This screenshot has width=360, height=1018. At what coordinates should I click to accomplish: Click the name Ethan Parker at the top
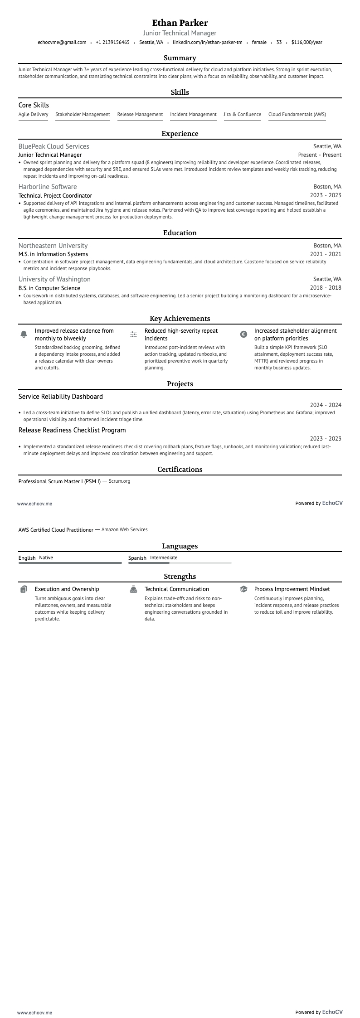pyautogui.click(x=180, y=23)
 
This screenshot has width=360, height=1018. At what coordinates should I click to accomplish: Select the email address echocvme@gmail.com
pyautogui.click(x=62, y=42)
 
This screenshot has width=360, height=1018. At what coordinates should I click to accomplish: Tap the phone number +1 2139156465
pyautogui.click(x=112, y=42)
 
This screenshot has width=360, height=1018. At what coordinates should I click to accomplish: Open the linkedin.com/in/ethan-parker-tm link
pyautogui.click(x=207, y=42)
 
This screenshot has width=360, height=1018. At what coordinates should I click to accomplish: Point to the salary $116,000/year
pyautogui.click(x=306, y=42)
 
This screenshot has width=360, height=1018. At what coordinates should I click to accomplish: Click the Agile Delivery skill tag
pyautogui.click(x=33, y=115)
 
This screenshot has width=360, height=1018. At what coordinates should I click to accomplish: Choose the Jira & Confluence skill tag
pyautogui.click(x=242, y=115)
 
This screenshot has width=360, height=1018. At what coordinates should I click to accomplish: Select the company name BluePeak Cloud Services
pyautogui.click(x=54, y=146)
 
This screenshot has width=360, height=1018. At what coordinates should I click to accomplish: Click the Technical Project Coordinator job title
pyautogui.click(x=55, y=196)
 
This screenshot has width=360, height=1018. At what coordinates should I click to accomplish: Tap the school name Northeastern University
pyautogui.click(x=53, y=246)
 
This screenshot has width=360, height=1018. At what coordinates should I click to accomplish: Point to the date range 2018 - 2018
pyautogui.click(x=326, y=288)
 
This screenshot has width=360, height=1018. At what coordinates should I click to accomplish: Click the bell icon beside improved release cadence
pyautogui.click(x=24, y=334)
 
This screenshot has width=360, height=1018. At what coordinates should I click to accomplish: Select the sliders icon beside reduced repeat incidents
pyautogui.click(x=133, y=334)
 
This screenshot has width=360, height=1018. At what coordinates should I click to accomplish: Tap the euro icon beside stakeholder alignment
pyautogui.click(x=243, y=334)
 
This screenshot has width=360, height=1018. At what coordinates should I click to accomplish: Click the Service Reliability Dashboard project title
pyautogui.click(x=60, y=397)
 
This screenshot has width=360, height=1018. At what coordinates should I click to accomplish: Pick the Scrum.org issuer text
pyautogui.click(x=119, y=481)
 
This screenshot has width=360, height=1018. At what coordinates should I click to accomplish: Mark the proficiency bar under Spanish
pyautogui.click(x=180, y=563)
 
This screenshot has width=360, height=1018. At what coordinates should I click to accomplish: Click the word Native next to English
pyautogui.click(x=46, y=558)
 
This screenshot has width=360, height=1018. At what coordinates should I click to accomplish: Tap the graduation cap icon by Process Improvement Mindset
pyautogui.click(x=243, y=589)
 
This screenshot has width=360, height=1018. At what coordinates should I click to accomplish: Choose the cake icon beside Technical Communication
pyautogui.click(x=133, y=589)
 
